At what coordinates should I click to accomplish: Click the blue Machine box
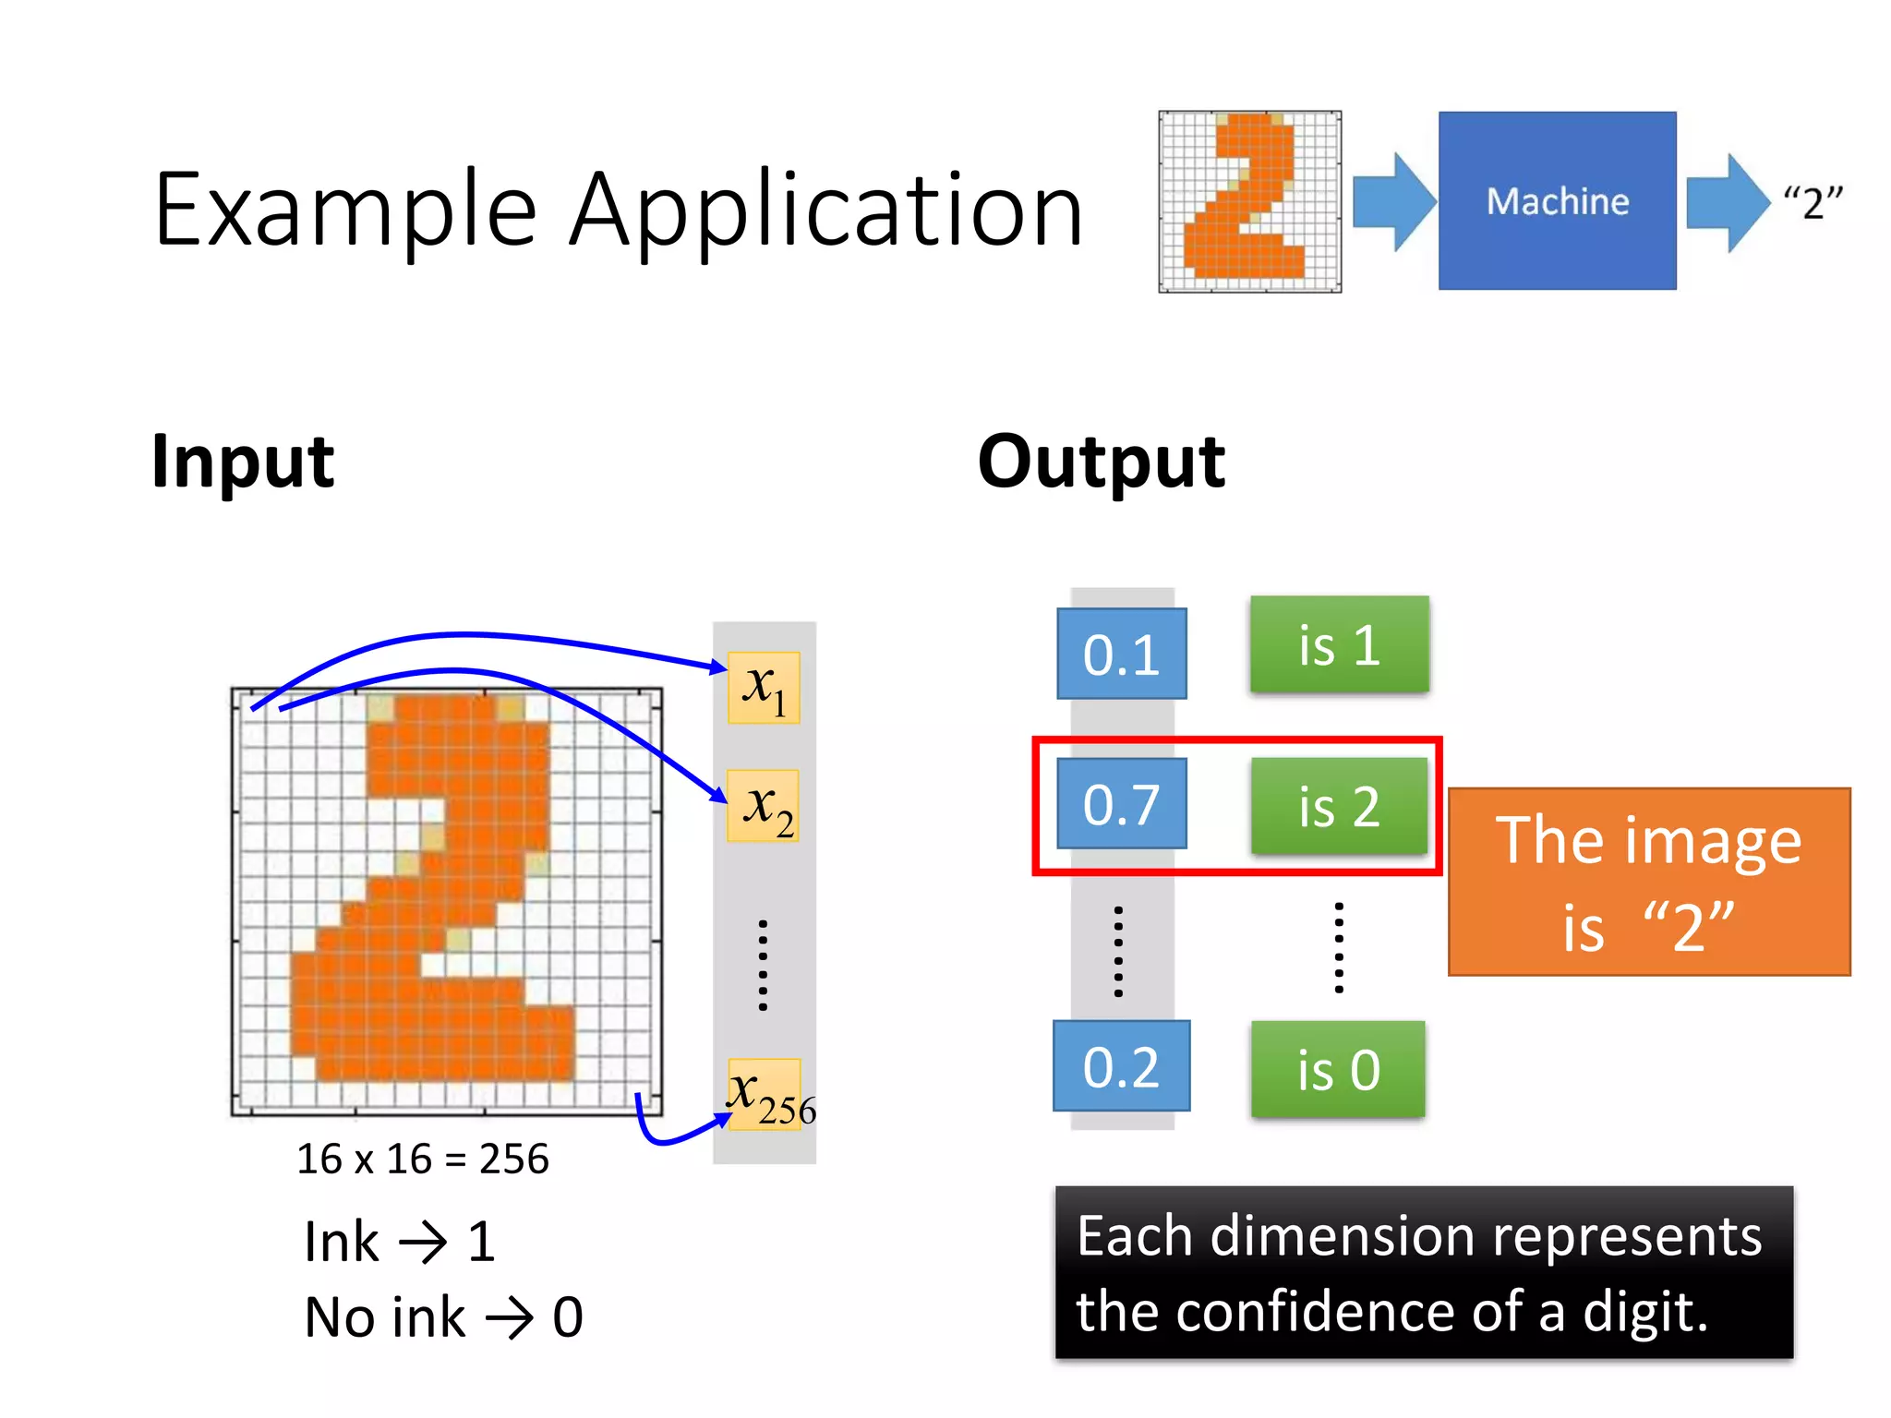[1557, 200]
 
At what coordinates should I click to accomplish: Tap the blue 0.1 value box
[1121, 654]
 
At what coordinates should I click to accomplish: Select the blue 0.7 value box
[1121, 803]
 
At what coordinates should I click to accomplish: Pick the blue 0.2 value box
[1121, 1066]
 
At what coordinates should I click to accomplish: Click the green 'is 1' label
[1339, 644]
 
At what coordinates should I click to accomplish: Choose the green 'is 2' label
[1339, 806]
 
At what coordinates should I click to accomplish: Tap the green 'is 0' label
[1338, 1069]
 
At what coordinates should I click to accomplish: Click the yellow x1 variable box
[764, 688]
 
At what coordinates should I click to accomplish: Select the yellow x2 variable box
[764, 806]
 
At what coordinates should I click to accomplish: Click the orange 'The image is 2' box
[1649, 882]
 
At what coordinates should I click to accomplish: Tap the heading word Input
[243, 462]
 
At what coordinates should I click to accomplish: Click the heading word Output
[1101, 462]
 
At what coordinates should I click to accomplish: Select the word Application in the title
[825, 212]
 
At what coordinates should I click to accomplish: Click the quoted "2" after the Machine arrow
[1812, 202]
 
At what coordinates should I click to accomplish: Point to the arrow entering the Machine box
[1393, 201]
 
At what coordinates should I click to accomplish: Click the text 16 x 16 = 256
[423, 1159]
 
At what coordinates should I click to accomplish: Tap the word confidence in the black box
[1315, 1312]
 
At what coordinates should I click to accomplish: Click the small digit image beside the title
[1249, 201]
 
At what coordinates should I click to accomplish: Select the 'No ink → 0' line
[443, 1316]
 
